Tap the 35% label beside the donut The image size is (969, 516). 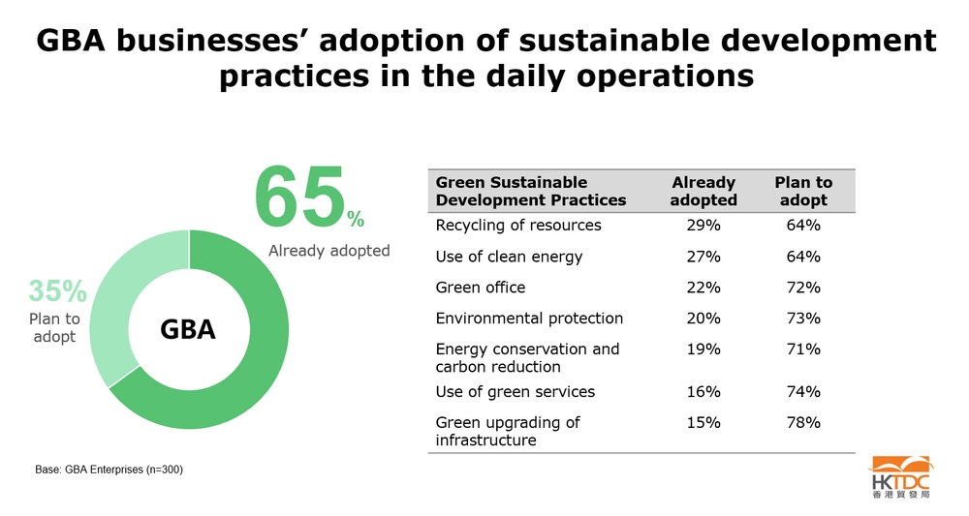(57, 290)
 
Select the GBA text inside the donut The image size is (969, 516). (187, 330)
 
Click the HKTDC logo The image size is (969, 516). (900, 478)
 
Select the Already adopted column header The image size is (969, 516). (703, 191)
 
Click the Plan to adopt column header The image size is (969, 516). (803, 191)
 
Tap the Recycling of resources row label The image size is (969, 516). (518, 226)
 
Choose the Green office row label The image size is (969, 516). (481, 288)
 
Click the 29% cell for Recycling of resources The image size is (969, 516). (703, 226)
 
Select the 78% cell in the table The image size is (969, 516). (803, 423)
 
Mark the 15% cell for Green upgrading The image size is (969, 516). (703, 423)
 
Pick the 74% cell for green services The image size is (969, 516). (803, 392)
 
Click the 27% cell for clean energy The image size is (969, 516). (703, 257)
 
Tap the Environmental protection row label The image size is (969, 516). (529, 319)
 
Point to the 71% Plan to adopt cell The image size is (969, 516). (803, 349)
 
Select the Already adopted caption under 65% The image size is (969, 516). (328, 251)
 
